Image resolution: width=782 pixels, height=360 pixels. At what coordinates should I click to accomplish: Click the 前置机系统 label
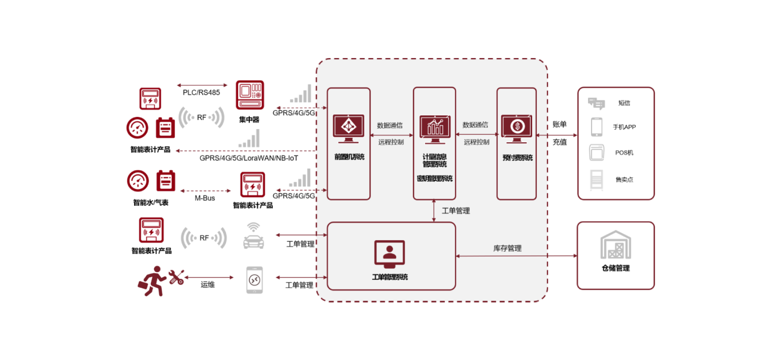click(349, 157)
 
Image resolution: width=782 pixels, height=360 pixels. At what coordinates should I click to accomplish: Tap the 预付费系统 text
click(517, 157)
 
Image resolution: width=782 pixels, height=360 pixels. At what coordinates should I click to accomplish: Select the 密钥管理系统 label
click(434, 179)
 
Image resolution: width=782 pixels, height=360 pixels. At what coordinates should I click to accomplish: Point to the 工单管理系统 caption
click(390, 277)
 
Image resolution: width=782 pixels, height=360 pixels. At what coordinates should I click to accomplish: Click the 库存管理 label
click(507, 248)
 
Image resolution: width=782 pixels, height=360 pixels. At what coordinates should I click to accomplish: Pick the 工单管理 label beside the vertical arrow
click(456, 211)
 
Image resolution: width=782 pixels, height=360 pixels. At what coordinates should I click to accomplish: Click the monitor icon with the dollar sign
click(517, 128)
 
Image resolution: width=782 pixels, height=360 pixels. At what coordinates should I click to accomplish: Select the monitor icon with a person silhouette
click(389, 254)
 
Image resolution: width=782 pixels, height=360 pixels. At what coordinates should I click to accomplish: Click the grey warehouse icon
click(615, 245)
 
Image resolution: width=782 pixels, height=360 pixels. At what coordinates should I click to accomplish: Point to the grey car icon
click(253, 236)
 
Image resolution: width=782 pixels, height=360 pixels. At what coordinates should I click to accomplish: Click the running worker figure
click(152, 281)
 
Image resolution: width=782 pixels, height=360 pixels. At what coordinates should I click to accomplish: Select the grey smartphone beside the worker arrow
click(254, 280)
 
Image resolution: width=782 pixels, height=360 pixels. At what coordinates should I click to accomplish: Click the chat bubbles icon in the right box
click(597, 104)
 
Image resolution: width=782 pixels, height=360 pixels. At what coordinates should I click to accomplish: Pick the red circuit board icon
click(250, 95)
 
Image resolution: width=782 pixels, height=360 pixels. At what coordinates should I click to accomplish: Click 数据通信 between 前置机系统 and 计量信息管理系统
click(390, 126)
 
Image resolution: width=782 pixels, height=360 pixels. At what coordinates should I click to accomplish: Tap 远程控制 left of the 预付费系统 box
click(476, 142)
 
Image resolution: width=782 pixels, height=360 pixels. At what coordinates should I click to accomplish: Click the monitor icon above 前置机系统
click(348, 128)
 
